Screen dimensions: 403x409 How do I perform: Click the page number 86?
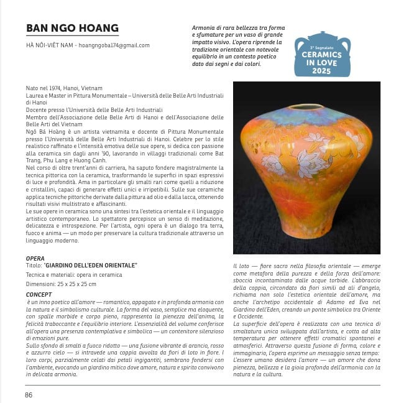(29, 395)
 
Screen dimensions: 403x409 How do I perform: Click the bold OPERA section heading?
(35, 257)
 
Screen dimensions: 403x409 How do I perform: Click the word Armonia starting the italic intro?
(206, 29)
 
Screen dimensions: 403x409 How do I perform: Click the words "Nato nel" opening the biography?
(36, 88)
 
